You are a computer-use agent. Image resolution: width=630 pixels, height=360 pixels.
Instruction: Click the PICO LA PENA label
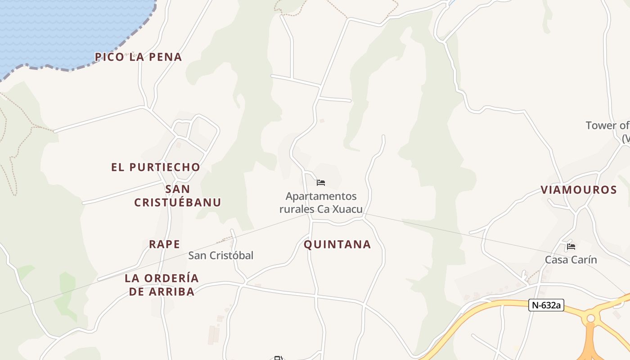(139, 57)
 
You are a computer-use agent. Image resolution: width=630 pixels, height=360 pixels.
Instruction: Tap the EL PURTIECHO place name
(156, 167)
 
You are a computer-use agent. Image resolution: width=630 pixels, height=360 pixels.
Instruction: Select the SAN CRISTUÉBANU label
(178, 196)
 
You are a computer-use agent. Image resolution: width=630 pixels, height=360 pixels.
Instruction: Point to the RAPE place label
(165, 244)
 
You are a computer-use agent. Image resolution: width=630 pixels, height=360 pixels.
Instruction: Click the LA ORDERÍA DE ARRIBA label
(162, 285)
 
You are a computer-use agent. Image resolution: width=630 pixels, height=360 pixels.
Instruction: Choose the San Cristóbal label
(221, 256)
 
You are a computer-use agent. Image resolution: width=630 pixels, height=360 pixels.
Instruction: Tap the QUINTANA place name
(337, 245)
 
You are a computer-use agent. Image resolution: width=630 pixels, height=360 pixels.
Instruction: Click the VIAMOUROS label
(579, 190)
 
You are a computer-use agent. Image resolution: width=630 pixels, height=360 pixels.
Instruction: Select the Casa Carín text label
(571, 260)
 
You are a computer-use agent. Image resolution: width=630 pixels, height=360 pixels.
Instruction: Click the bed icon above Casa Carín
(571, 246)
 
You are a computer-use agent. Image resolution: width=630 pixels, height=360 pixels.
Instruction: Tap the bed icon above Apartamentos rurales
(321, 183)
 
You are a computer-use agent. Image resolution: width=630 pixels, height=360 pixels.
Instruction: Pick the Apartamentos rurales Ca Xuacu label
(321, 203)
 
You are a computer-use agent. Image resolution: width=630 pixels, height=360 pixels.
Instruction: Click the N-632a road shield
(546, 305)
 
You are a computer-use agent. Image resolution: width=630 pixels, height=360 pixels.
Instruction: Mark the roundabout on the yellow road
(591, 319)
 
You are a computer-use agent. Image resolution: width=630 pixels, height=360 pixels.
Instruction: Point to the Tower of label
(607, 126)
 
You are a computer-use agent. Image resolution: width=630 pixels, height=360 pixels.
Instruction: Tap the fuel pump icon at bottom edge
(279, 358)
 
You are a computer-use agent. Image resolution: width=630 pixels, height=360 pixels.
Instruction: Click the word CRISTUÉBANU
(178, 202)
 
